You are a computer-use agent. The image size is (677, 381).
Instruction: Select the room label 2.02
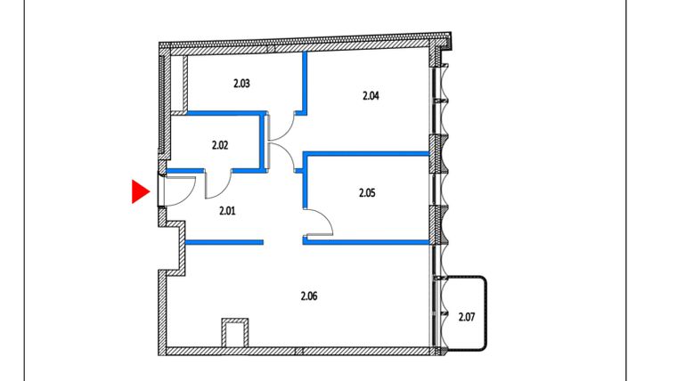coord(221,143)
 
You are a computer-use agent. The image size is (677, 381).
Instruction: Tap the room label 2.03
coord(241,85)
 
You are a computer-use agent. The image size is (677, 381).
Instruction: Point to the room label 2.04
coord(371,95)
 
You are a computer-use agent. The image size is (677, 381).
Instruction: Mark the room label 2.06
coord(310,296)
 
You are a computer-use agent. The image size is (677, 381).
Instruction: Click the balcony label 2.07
coord(467,316)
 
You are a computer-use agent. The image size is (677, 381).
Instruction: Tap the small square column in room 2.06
coord(234,334)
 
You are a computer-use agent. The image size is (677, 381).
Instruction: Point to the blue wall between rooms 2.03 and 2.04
coord(305,82)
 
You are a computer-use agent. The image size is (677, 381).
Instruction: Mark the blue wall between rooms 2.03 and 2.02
coord(223,113)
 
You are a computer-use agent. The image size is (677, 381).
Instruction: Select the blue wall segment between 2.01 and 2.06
coord(224,240)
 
